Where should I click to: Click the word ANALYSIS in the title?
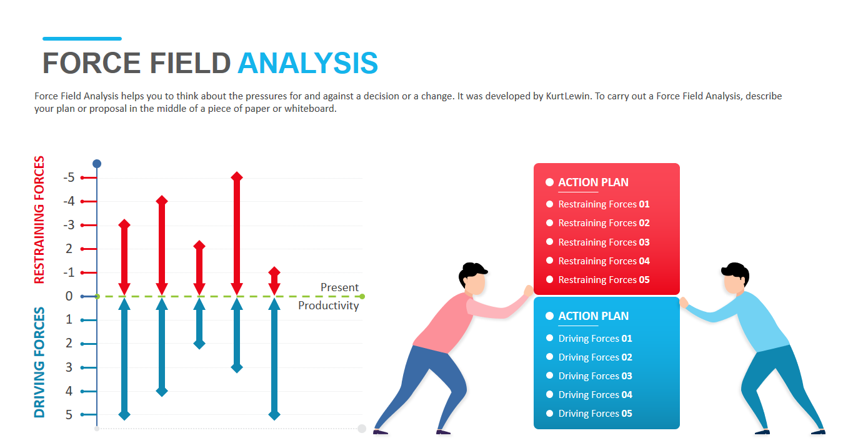click(x=307, y=63)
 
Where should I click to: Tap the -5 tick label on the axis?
click(x=69, y=177)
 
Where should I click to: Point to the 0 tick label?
click(x=69, y=296)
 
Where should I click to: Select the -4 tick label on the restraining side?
click(x=69, y=201)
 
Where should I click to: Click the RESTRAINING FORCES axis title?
click(x=39, y=220)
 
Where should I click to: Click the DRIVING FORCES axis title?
click(x=39, y=362)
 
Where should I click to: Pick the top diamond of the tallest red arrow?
click(x=237, y=177)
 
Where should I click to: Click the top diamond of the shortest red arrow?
click(x=274, y=272)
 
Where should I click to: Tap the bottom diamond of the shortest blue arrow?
click(x=199, y=344)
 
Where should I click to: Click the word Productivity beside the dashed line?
click(x=328, y=306)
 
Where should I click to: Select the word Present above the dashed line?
click(x=339, y=287)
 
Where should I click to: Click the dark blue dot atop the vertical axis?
click(x=97, y=164)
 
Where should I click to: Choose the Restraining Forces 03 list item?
click(x=604, y=242)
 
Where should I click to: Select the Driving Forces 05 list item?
click(x=595, y=413)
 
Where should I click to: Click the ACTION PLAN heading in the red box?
click(x=593, y=182)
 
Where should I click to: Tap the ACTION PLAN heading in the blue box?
click(x=593, y=316)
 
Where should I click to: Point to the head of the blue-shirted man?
click(x=736, y=278)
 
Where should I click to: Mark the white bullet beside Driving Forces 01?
click(x=549, y=338)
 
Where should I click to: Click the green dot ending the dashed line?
click(x=362, y=296)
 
